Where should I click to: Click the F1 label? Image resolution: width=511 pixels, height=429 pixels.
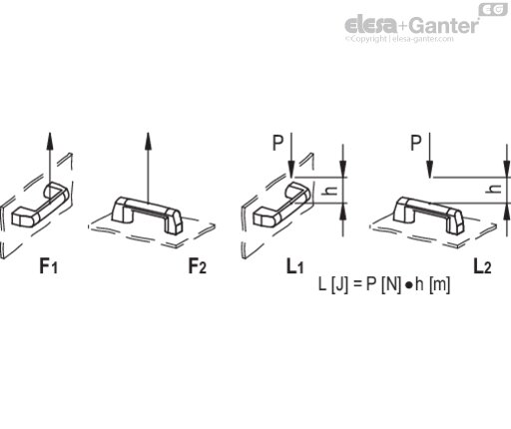pyautogui.click(x=49, y=266)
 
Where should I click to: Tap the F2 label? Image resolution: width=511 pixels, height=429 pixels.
pyautogui.click(x=198, y=266)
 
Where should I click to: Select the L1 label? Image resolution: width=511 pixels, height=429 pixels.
pyautogui.click(x=295, y=266)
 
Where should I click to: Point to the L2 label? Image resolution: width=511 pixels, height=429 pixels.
pyautogui.click(x=482, y=266)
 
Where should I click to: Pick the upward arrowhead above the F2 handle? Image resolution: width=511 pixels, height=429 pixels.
pyautogui.click(x=149, y=141)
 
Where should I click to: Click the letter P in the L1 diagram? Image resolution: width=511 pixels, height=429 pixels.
pyautogui.click(x=278, y=143)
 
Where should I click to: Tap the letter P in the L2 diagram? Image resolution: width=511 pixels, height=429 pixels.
pyautogui.click(x=416, y=143)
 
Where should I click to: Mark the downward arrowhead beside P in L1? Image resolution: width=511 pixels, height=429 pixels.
pyautogui.click(x=291, y=170)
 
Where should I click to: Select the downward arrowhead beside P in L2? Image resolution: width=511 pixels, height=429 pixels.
pyautogui.click(x=430, y=170)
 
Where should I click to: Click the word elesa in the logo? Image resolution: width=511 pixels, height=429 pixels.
pyautogui.click(x=371, y=24)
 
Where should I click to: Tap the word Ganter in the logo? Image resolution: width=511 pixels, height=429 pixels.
pyautogui.click(x=443, y=25)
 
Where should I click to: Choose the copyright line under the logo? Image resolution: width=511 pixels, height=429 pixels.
pyautogui.click(x=399, y=39)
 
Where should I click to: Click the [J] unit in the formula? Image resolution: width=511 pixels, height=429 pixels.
pyautogui.click(x=339, y=284)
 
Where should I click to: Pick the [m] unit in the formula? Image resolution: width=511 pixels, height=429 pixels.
pyautogui.click(x=440, y=284)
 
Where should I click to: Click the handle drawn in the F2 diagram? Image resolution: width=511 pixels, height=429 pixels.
pyautogui.click(x=148, y=215)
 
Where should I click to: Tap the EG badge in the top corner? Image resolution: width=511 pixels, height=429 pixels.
pyautogui.click(x=493, y=10)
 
